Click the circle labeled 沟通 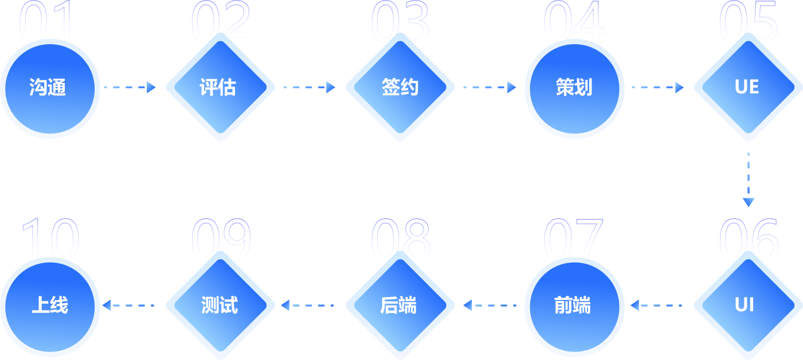pyautogui.click(x=50, y=88)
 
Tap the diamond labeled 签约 pyautogui.click(x=400, y=88)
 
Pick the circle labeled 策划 pyautogui.click(x=574, y=88)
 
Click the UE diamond pyautogui.click(x=747, y=88)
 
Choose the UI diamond pyautogui.click(x=747, y=305)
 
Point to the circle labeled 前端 pyautogui.click(x=574, y=305)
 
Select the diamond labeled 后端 pyautogui.click(x=400, y=305)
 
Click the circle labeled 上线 pyautogui.click(x=50, y=305)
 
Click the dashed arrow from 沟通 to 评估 pyautogui.click(x=130, y=87)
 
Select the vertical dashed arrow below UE pyautogui.click(x=748, y=179)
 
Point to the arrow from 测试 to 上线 pyautogui.click(x=129, y=305)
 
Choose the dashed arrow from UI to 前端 pyautogui.click(x=657, y=305)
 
